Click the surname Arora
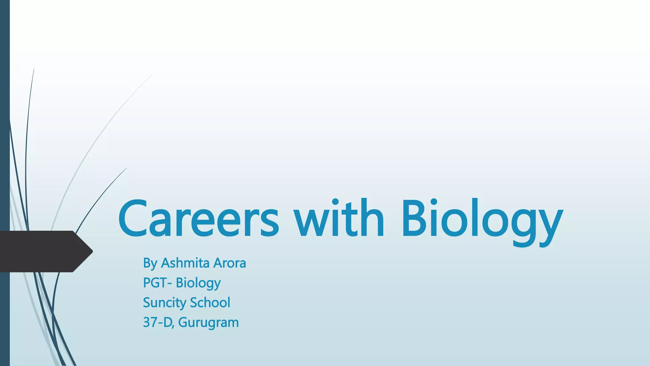[x=230, y=263]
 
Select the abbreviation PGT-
[x=157, y=283]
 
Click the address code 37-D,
[x=158, y=322]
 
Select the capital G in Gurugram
[x=183, y=322]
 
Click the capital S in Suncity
[x=147, y=302]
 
